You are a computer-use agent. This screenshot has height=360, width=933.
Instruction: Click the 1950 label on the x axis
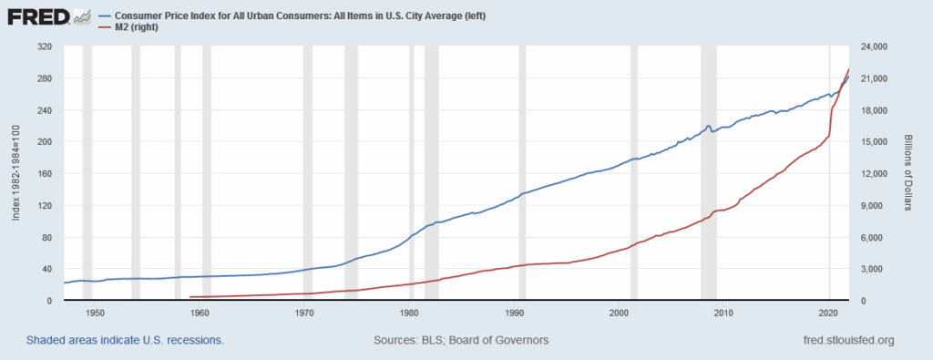click(95, 313)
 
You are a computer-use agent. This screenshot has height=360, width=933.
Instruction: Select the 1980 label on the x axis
click(409, 313)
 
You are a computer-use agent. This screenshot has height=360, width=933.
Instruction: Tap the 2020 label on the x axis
click(828, 313)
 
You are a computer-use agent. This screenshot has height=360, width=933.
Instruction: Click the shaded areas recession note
click(113, 341)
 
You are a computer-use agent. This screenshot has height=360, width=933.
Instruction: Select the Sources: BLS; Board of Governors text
click(461, 341)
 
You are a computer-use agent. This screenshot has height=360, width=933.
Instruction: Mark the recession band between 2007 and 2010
click(708, 173)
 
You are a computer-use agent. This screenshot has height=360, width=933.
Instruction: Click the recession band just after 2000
click(634, 173)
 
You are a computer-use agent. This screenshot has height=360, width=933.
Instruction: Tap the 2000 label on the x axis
click(619, 313)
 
